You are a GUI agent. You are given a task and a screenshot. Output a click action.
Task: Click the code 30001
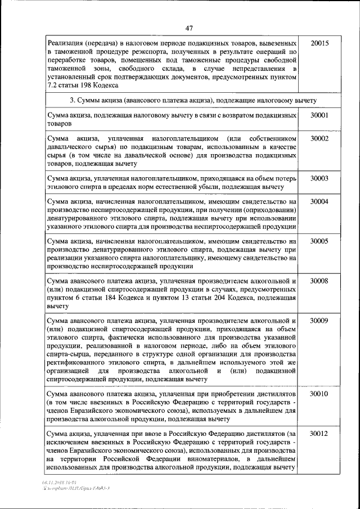[x=319, y=115]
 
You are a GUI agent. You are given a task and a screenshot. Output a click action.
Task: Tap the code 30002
[x=319, y=138]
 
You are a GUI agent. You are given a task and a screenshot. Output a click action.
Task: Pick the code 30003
[x=319, y=178]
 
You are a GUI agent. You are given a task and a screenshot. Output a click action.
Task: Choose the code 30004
[x=319, y=201]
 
